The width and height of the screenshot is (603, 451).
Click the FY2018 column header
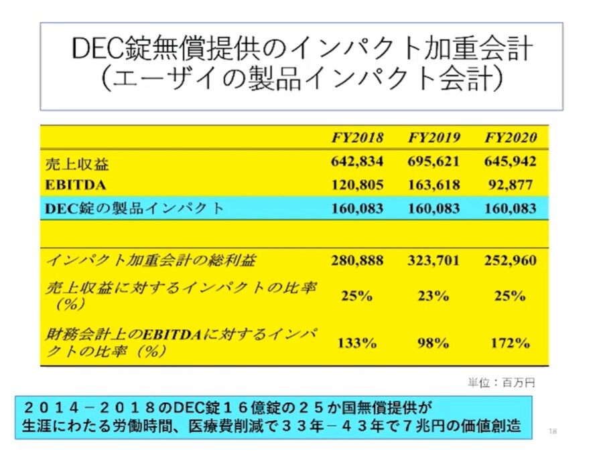(357, 138)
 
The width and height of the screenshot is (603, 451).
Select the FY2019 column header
(433, 138)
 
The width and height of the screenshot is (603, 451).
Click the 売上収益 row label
(76, 164)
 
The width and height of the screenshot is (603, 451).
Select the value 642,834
(357, 163)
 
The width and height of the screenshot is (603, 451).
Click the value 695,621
(433, 163)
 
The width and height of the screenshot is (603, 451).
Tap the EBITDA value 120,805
(357, 184)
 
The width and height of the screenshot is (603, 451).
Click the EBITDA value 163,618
(433, 184)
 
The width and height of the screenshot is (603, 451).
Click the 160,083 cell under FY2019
(433, 208)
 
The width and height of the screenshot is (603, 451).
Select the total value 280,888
(357, 260)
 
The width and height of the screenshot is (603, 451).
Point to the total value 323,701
(433, 260)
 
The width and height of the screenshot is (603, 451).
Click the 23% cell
(433, 296)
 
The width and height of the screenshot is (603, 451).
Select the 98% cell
(433, 343)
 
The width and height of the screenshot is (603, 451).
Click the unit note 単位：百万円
(502, 383)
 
